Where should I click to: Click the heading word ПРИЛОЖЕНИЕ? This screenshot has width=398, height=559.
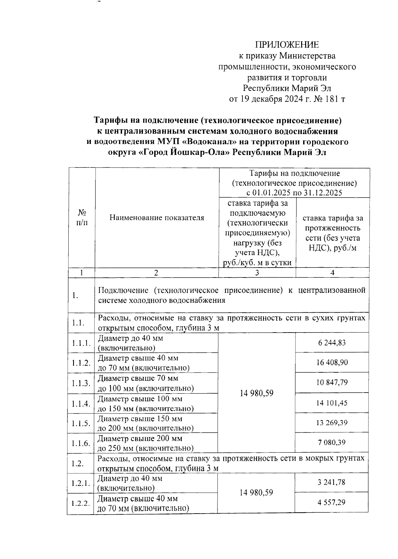[x=287, y=45]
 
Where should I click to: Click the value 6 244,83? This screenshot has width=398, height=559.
[x=332, y=342]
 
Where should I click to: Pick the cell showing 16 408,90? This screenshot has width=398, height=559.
[x=332, y=362]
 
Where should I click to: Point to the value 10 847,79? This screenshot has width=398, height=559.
[x=332, y=382]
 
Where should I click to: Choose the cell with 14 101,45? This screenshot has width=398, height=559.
[x=332, y=403]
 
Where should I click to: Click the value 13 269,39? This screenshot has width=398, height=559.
[x=332, y=423]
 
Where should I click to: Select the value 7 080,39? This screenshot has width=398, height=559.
[x=332, y=442]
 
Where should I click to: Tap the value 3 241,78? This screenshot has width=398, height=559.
[x=332, y=482]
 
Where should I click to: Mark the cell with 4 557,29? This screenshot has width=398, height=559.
[x=332, y=502]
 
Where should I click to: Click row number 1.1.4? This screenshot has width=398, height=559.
[x=81, y=404]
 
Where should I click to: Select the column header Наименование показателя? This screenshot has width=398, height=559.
[x=157, y=218]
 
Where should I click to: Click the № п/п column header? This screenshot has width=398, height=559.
[x=82, y=217]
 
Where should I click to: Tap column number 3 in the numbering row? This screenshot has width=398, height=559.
[x=257, y=273]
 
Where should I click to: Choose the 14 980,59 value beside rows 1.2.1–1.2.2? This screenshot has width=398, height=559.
[x=256, y=492]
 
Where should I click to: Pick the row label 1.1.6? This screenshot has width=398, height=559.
[x=81, y=443]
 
